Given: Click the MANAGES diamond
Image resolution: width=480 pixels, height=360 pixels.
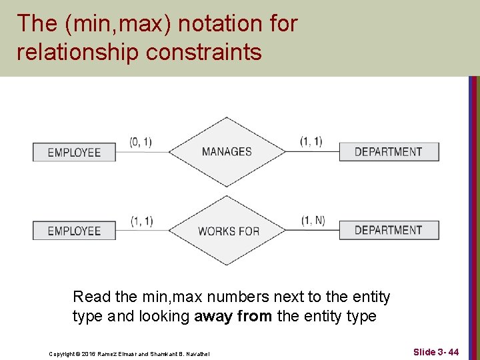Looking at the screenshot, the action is tap(227, 152).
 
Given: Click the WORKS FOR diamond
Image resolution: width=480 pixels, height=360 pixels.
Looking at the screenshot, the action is tap(229, 231).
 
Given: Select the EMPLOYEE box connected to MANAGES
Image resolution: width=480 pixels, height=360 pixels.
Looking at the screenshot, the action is tap(74, 152).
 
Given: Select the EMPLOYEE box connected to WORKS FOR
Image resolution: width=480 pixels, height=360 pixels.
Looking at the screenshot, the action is tap(74, 231).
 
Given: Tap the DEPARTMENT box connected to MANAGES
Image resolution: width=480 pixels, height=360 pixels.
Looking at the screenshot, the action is tap(389, 152).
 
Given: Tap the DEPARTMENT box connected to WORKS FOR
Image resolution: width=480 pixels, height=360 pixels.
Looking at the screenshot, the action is tap(389, 230).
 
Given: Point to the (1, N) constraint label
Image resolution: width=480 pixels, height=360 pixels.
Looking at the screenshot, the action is tap(312, 220).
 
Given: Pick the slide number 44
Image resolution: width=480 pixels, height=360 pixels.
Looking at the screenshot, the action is tap(453, 351).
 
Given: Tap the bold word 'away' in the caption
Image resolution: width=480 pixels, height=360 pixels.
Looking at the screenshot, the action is tap(211, 316).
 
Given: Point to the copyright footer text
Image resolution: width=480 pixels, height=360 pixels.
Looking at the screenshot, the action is tap(130, 353).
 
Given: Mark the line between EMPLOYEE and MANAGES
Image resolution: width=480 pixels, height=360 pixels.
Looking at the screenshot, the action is tap(142, 152).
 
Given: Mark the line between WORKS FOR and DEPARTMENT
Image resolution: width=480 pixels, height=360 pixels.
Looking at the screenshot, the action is tap(313, 231).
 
